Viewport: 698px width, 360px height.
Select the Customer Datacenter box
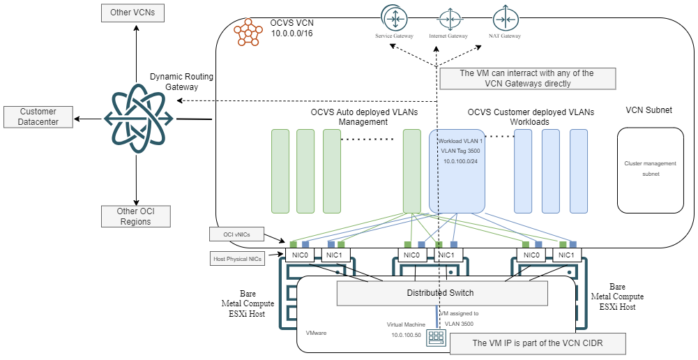pyautogui.click(x=38, y=117)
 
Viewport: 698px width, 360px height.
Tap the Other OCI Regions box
pyautogui.click(x=135, y=216)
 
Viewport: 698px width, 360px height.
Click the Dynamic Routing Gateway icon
pyautogui.click(x=136, y=119)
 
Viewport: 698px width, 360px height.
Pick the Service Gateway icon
pyautogui.click(x=395, y=17)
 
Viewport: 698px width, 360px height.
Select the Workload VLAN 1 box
pyautogui.click(x=457, y=171)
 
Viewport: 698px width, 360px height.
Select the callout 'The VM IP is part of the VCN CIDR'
pyautogui.click(x=537, y=343)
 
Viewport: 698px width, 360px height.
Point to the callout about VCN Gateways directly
pyautogui.click(x=527, y=78)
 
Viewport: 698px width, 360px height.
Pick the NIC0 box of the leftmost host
pyautogui.click(x=300, y=255)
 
